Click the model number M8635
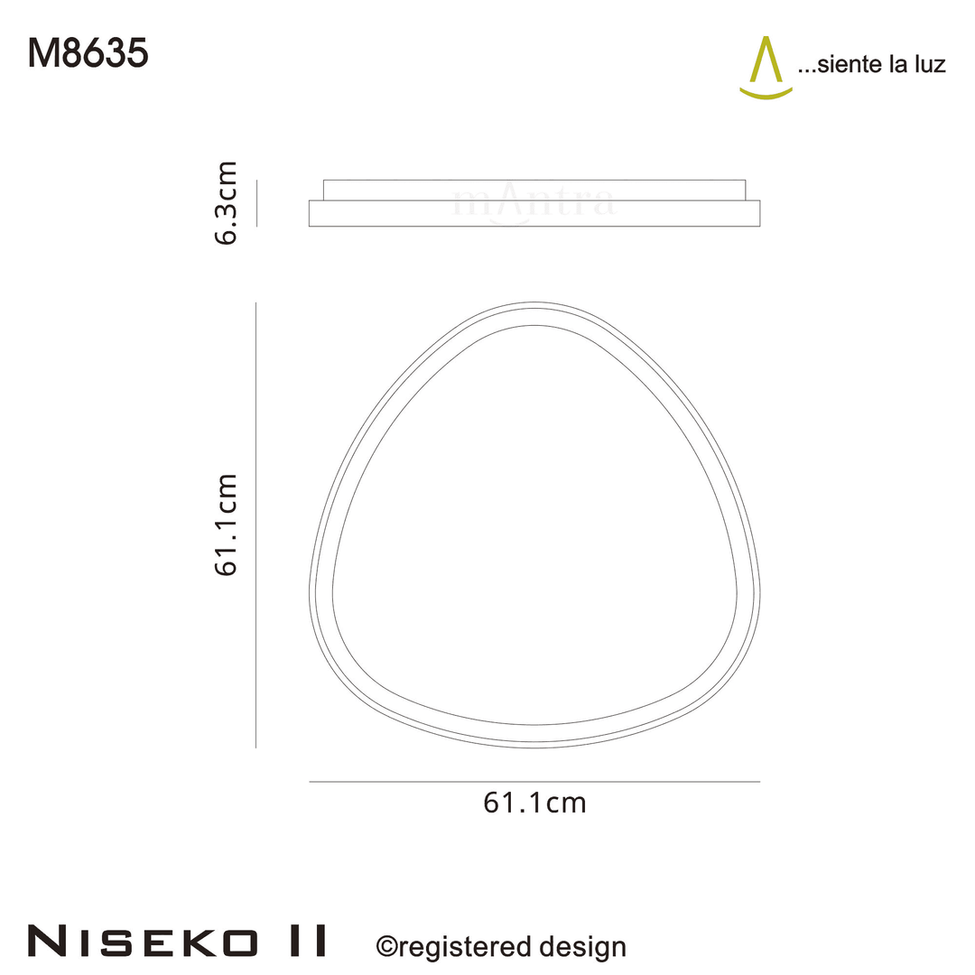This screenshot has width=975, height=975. [88, 55]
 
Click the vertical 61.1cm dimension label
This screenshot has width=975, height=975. [225, 524]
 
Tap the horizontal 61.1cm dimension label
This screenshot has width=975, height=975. [534, 803]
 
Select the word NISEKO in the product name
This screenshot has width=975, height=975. [141, 941]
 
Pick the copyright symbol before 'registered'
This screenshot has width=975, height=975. [386, 947]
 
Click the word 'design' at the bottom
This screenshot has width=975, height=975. [581, 947]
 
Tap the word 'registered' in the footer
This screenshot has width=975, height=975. [464, 947]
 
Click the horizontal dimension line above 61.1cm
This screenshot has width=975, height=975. [534, 782]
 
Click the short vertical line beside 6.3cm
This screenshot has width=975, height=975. [257, 202]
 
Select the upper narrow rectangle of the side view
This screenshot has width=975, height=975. [534, 190]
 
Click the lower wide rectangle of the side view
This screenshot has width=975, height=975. [534, 213]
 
